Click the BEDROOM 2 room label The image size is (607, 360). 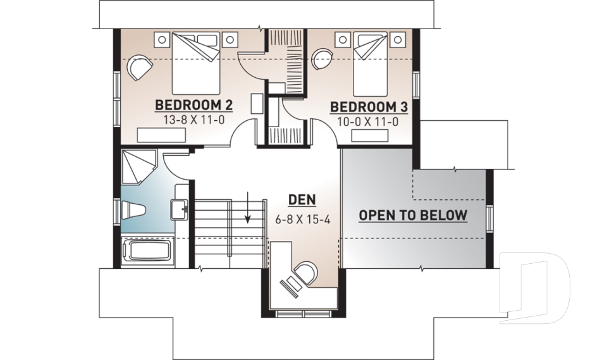(188, 104)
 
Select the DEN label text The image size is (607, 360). (302, 200)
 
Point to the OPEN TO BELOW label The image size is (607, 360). (413, 215)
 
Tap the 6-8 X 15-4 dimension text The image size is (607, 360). (303, 220)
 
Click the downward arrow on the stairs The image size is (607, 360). (248, 209)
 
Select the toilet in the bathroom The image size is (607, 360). (134, 209)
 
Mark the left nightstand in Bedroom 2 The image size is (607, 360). (162, 39)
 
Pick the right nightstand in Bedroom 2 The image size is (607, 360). (230, 39)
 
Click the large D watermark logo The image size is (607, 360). (534, 288)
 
